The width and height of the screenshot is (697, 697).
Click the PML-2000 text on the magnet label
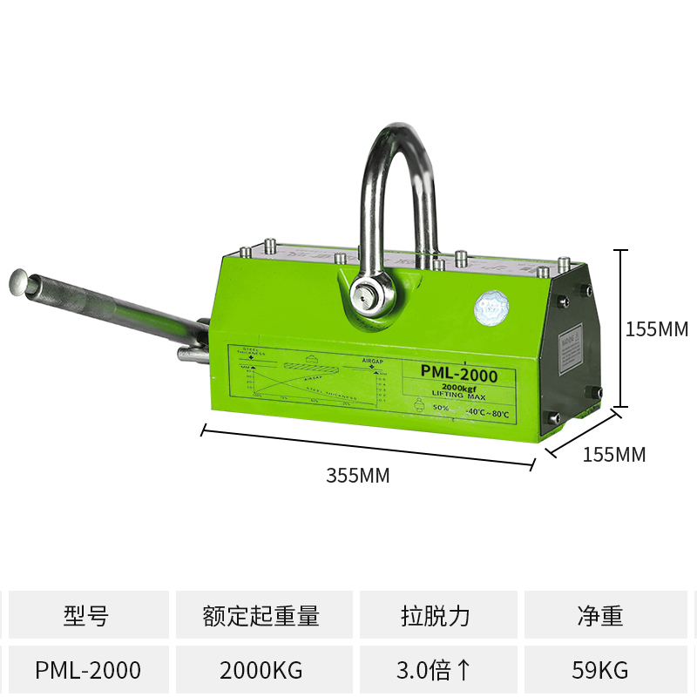(458, 373)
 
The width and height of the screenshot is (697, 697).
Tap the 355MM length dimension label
(357, 476)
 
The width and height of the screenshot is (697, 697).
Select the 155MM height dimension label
(657, 329)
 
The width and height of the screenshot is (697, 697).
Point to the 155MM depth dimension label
(614, 454)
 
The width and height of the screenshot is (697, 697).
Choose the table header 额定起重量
(261, 616)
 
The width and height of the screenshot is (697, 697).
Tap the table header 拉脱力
(436, 616)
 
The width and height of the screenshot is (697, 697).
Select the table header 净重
(600, 616)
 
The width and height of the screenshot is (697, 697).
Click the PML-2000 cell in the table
(88, 670)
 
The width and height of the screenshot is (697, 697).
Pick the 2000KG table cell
(261, 670)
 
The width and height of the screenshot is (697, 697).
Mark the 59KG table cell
(600, 670)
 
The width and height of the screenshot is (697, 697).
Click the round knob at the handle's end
(20, 281)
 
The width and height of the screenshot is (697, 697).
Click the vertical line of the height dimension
(620, 328)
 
